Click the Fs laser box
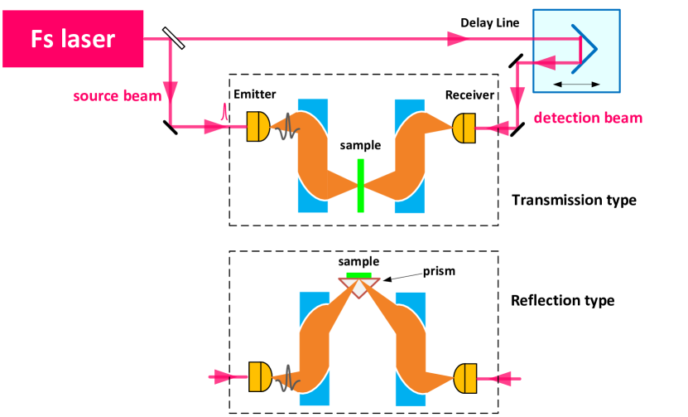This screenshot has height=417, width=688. pos(73,39)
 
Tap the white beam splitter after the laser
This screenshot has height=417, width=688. pos(173,37)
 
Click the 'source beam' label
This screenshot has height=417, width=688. pos(117,96)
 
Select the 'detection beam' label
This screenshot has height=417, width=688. pos(588,118)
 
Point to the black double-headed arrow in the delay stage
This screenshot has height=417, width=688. pos(577,84)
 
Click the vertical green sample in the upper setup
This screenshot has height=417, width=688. pos(360,185)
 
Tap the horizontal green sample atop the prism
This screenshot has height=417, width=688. pos(359,274)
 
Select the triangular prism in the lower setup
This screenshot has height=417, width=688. pos(359,287)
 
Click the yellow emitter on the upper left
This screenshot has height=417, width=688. pos(257,127)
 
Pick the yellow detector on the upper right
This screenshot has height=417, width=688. pos(464,127)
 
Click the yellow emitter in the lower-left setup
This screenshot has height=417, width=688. pos(258,377)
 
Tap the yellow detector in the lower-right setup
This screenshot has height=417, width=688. pos(465,378)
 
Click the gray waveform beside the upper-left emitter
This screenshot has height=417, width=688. pos(286,127)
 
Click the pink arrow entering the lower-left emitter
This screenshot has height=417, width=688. pos(222,377)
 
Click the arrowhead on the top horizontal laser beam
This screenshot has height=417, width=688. pos(455,38)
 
